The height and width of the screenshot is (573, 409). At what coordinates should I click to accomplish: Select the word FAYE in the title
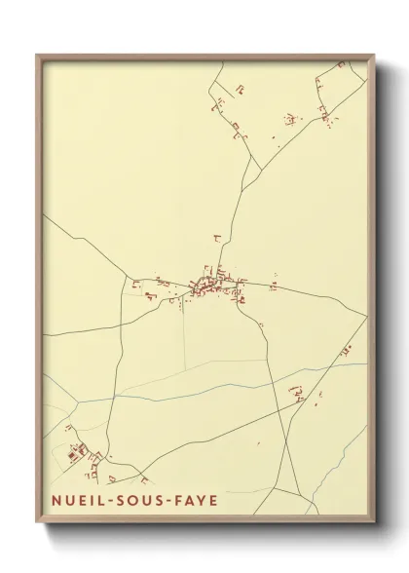click(x=194, y=502)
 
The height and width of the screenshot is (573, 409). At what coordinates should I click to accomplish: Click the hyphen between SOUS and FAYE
click(x=164, y=502)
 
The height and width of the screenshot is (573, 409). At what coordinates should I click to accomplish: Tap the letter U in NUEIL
click(x=63, y=502)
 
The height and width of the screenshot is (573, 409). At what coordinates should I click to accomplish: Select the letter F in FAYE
click(x=174, y=502)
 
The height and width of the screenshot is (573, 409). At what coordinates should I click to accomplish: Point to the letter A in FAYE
click(x=187, y=502)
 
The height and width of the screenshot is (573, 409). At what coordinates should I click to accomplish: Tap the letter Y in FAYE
click(x=201, y=502)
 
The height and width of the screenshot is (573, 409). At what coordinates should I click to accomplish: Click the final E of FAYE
click(x=213, y=502)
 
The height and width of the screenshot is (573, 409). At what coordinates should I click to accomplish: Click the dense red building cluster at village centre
click(x=207, y=286)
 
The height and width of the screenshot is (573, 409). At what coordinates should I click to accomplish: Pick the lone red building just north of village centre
click(x=216, y=237)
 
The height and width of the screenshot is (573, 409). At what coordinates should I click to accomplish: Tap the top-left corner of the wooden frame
click(x=38, y=56)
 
